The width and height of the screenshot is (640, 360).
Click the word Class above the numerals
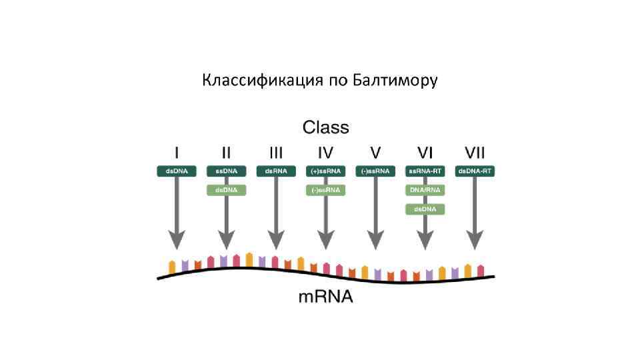(325, 127)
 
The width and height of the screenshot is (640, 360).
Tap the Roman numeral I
(177, 153)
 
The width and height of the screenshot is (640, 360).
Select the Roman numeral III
(276, 153)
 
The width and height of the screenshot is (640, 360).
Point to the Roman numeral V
(375, 153)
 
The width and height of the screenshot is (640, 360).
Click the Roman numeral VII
(474, 153)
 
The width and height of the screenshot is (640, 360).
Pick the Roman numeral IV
(325, 153)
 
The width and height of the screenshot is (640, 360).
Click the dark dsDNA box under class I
(177, 171)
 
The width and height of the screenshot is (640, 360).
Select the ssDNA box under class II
(227, 171)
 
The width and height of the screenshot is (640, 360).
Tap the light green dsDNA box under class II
(227, 190)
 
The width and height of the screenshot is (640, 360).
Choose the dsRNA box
(276, 171)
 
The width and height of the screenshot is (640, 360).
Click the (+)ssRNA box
(325, 171)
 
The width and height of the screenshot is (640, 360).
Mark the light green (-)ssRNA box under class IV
(325, 190)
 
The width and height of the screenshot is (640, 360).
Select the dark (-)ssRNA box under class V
(375, 171)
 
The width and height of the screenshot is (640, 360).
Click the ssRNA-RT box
(425, 171)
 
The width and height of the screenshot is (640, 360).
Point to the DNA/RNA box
(425, 190)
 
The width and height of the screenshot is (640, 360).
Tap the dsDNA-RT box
(474, 171)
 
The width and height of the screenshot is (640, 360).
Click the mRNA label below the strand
(325, 296)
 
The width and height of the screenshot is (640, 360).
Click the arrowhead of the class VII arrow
(474, 239)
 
